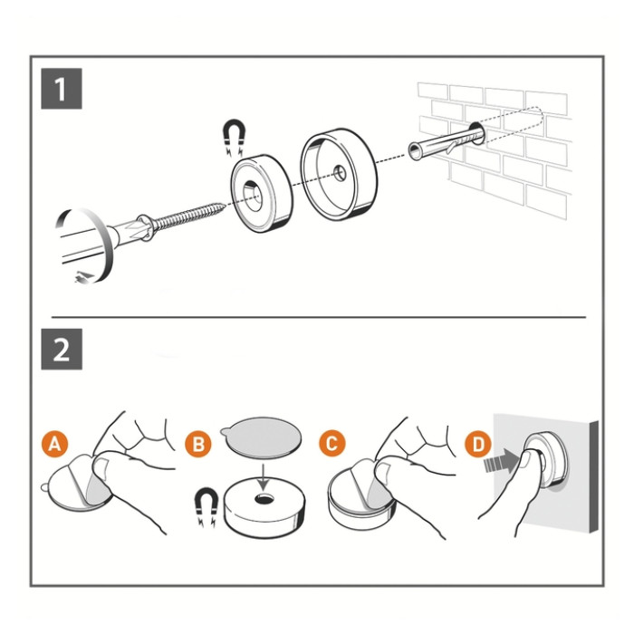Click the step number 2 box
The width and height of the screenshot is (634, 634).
(61, 349)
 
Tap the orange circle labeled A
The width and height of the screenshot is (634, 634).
(56, 444)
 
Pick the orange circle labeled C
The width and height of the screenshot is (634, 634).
(333, 444)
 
